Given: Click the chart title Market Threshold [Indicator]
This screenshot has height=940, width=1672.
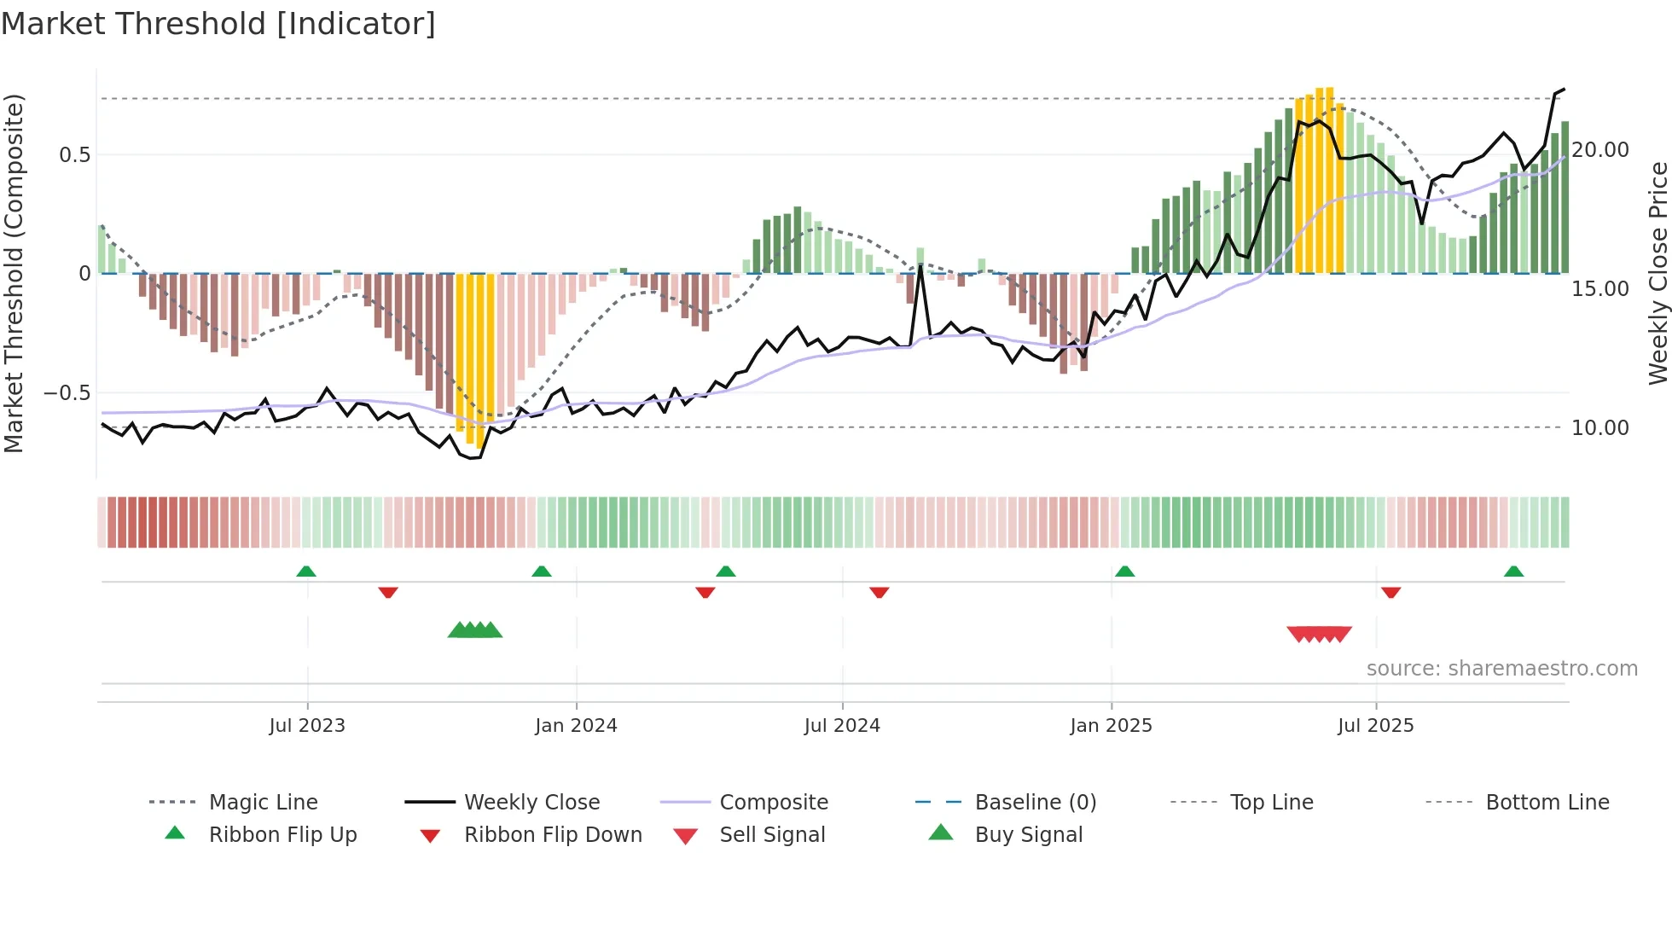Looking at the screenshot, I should (x=218, y=24).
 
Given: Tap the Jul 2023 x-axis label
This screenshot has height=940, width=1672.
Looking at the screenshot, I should (x=307, y=726).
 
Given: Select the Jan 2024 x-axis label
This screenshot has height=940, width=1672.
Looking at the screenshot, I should (x=576, y=726).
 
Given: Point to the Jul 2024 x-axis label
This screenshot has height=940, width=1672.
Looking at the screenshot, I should (x=842, y=726).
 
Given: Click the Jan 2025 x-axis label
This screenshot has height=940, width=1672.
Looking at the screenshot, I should (x=1111, y=726).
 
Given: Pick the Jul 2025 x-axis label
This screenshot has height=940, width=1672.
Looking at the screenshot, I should (x=1375, y=726).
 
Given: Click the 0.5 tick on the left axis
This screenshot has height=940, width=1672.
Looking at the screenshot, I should (x=74, y=155).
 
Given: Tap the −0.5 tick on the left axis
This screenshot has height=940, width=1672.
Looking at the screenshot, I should (x=67, y=393).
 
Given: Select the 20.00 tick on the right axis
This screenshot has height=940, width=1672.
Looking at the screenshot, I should (x=1600, y=150).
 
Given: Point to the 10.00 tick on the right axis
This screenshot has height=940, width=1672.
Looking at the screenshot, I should (x=1600, y=428).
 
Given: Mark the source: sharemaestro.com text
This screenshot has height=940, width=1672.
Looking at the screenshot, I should (x=1501, y=669).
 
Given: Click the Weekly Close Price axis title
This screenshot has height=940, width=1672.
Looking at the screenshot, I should (x=1657, y=273).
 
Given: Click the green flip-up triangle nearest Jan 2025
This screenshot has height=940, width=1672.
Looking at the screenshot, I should (x=1124, y=572).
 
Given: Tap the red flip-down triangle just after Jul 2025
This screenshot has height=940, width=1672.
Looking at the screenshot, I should (x=1390, y=592).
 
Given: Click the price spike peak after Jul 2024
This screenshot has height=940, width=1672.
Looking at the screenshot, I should (x=921, y=266).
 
